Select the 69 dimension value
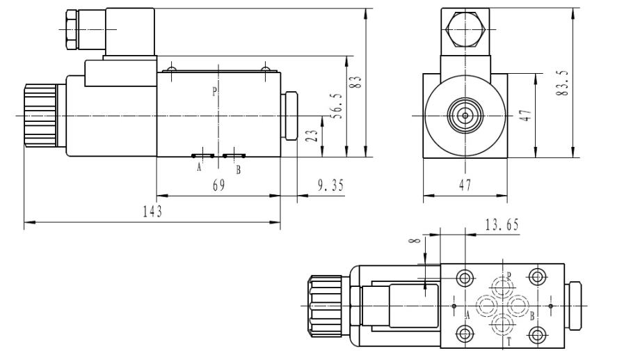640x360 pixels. pos(218,186)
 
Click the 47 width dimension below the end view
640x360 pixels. pos(465,186)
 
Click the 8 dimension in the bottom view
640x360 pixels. pos(416,242)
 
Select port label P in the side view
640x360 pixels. pos(214,91)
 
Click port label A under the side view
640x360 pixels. pos(199,168)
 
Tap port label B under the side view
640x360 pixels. pos(239,169)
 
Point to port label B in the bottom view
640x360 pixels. pos(531,315)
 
